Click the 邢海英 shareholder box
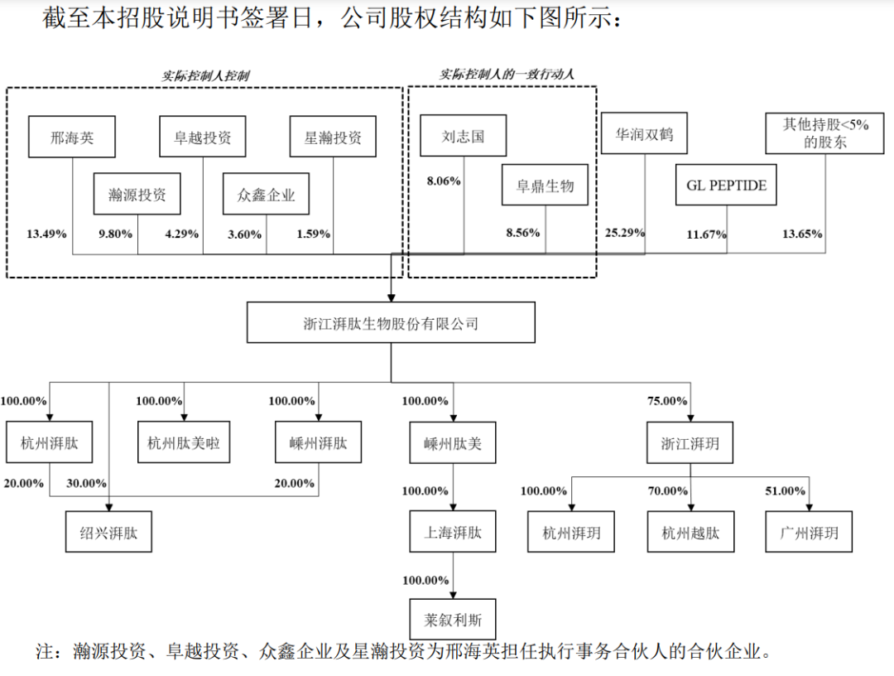coord(71,137)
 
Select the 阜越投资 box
coord(203,137)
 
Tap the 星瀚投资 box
coord(333,137)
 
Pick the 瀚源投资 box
coord(137,195)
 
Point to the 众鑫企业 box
coord(266,195)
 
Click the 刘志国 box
coord(464,136)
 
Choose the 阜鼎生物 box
coord(546,185)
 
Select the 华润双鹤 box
coord(644,133)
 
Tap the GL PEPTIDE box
coord(727,185)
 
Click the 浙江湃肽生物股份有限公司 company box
coord(391,323)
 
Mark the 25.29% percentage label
coord(625,233)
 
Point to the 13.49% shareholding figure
coord(46,234)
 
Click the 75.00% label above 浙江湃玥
coord(667,401)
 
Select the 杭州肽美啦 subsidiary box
coord(184,443)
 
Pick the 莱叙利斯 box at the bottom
coord(453,620)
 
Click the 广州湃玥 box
coord(809,532)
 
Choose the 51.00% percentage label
coord(785,491)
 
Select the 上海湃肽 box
coord(453,532)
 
